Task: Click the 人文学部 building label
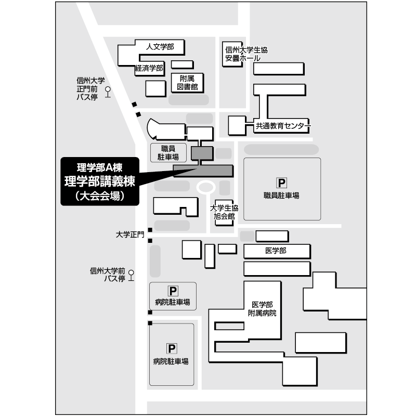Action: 160,47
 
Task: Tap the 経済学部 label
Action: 149,68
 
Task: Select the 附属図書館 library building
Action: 187,83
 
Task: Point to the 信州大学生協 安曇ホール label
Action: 246,54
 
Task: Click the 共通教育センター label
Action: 283,126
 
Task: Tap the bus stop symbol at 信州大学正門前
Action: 108,92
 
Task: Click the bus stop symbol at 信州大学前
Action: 131,276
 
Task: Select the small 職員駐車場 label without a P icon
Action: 168,153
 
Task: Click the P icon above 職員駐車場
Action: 281,183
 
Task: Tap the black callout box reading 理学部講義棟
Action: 100,181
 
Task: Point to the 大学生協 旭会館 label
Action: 224,212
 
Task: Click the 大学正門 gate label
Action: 130,235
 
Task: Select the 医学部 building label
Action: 276,251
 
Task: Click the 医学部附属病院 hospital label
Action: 262,309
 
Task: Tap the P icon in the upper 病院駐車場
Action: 173,291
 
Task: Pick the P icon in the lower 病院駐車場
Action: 172,348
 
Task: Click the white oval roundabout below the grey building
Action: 206,187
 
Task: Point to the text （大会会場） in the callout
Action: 100,196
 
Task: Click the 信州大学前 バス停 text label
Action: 108,275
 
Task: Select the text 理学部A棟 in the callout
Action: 100,167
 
